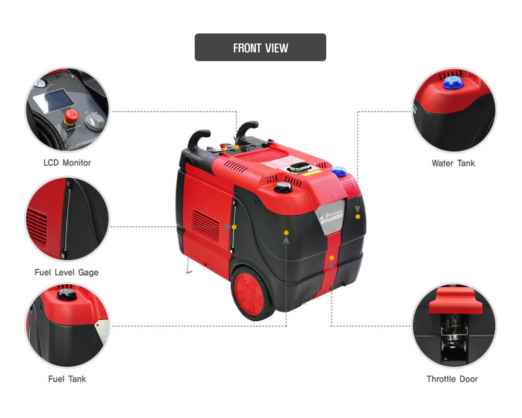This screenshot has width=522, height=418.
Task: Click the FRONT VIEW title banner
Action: (260, 48)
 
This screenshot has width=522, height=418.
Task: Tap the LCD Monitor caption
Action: (67, 162)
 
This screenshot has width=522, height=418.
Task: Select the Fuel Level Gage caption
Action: (67, 272)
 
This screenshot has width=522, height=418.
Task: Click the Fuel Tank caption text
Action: (67, 379)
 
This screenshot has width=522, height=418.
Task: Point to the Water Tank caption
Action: (453, 163)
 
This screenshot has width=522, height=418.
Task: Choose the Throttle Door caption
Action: (452, 379)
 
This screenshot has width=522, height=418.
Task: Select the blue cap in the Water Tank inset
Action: (453, 83)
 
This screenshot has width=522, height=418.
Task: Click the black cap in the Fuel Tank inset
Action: (67, 294)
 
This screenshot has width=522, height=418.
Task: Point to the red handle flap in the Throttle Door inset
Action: (455, 300)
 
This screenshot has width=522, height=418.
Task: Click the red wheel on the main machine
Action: (249, 294)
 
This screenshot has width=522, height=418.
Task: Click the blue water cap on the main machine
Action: (339, 171)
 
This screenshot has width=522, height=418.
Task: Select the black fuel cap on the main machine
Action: (283, 188)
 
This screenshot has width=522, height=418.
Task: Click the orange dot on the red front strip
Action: (331, 258)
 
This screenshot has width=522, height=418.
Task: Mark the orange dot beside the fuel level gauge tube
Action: (234, 227)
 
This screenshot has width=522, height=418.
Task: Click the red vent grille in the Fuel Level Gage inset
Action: (37, 226)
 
